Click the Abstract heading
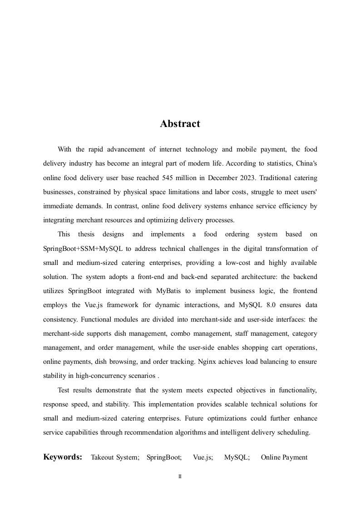(180, 124)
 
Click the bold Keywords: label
(63, 457)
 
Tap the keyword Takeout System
(115, 457)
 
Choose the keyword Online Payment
(284, 457)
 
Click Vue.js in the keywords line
(203, 457)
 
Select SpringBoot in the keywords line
(164, 457)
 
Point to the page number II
(180, 477)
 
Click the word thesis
(86, 234)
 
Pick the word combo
(180, 333)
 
